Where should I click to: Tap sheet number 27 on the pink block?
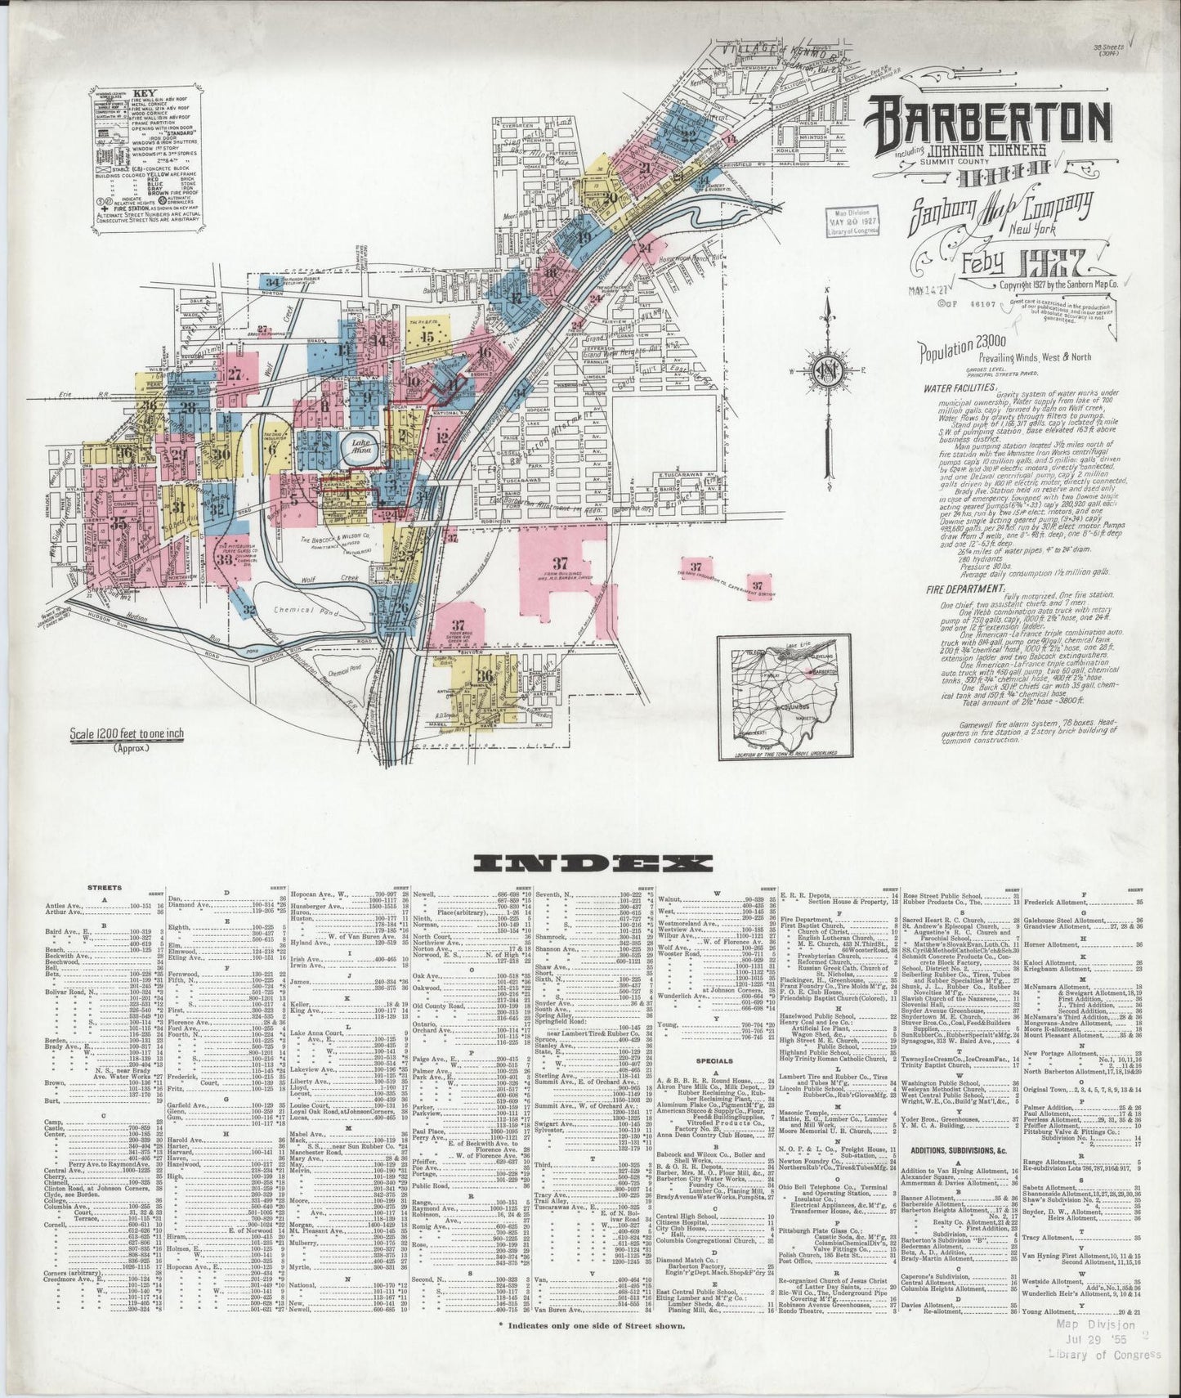[x=236, y=375]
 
